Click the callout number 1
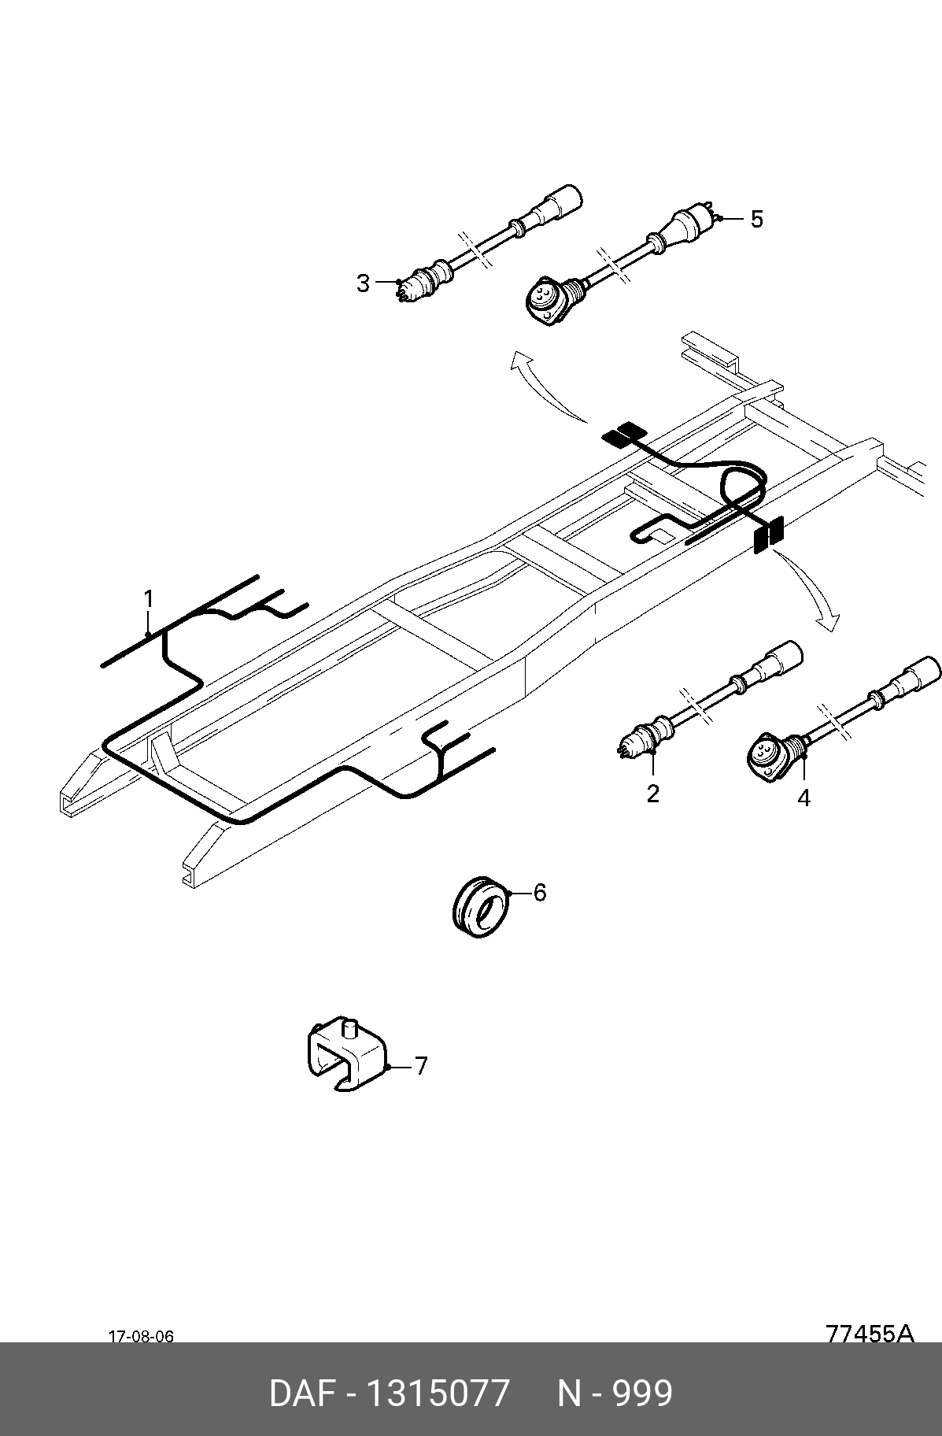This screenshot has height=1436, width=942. (x=148, y=599)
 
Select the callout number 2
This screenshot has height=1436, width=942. (x=652, y=794)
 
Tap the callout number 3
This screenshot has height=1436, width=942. (x=363, y=283)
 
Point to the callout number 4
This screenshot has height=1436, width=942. (x=803, y=798)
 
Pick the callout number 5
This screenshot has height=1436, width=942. (x=756, y=219)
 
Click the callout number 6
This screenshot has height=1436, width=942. (x=539, y=893)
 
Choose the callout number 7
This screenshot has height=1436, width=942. (x=421, y=1067)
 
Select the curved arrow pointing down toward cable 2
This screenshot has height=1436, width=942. (x=811, y=587)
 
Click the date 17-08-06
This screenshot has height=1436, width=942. (x=141, y=1337)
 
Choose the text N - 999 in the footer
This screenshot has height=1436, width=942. (x=615, y=1393)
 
